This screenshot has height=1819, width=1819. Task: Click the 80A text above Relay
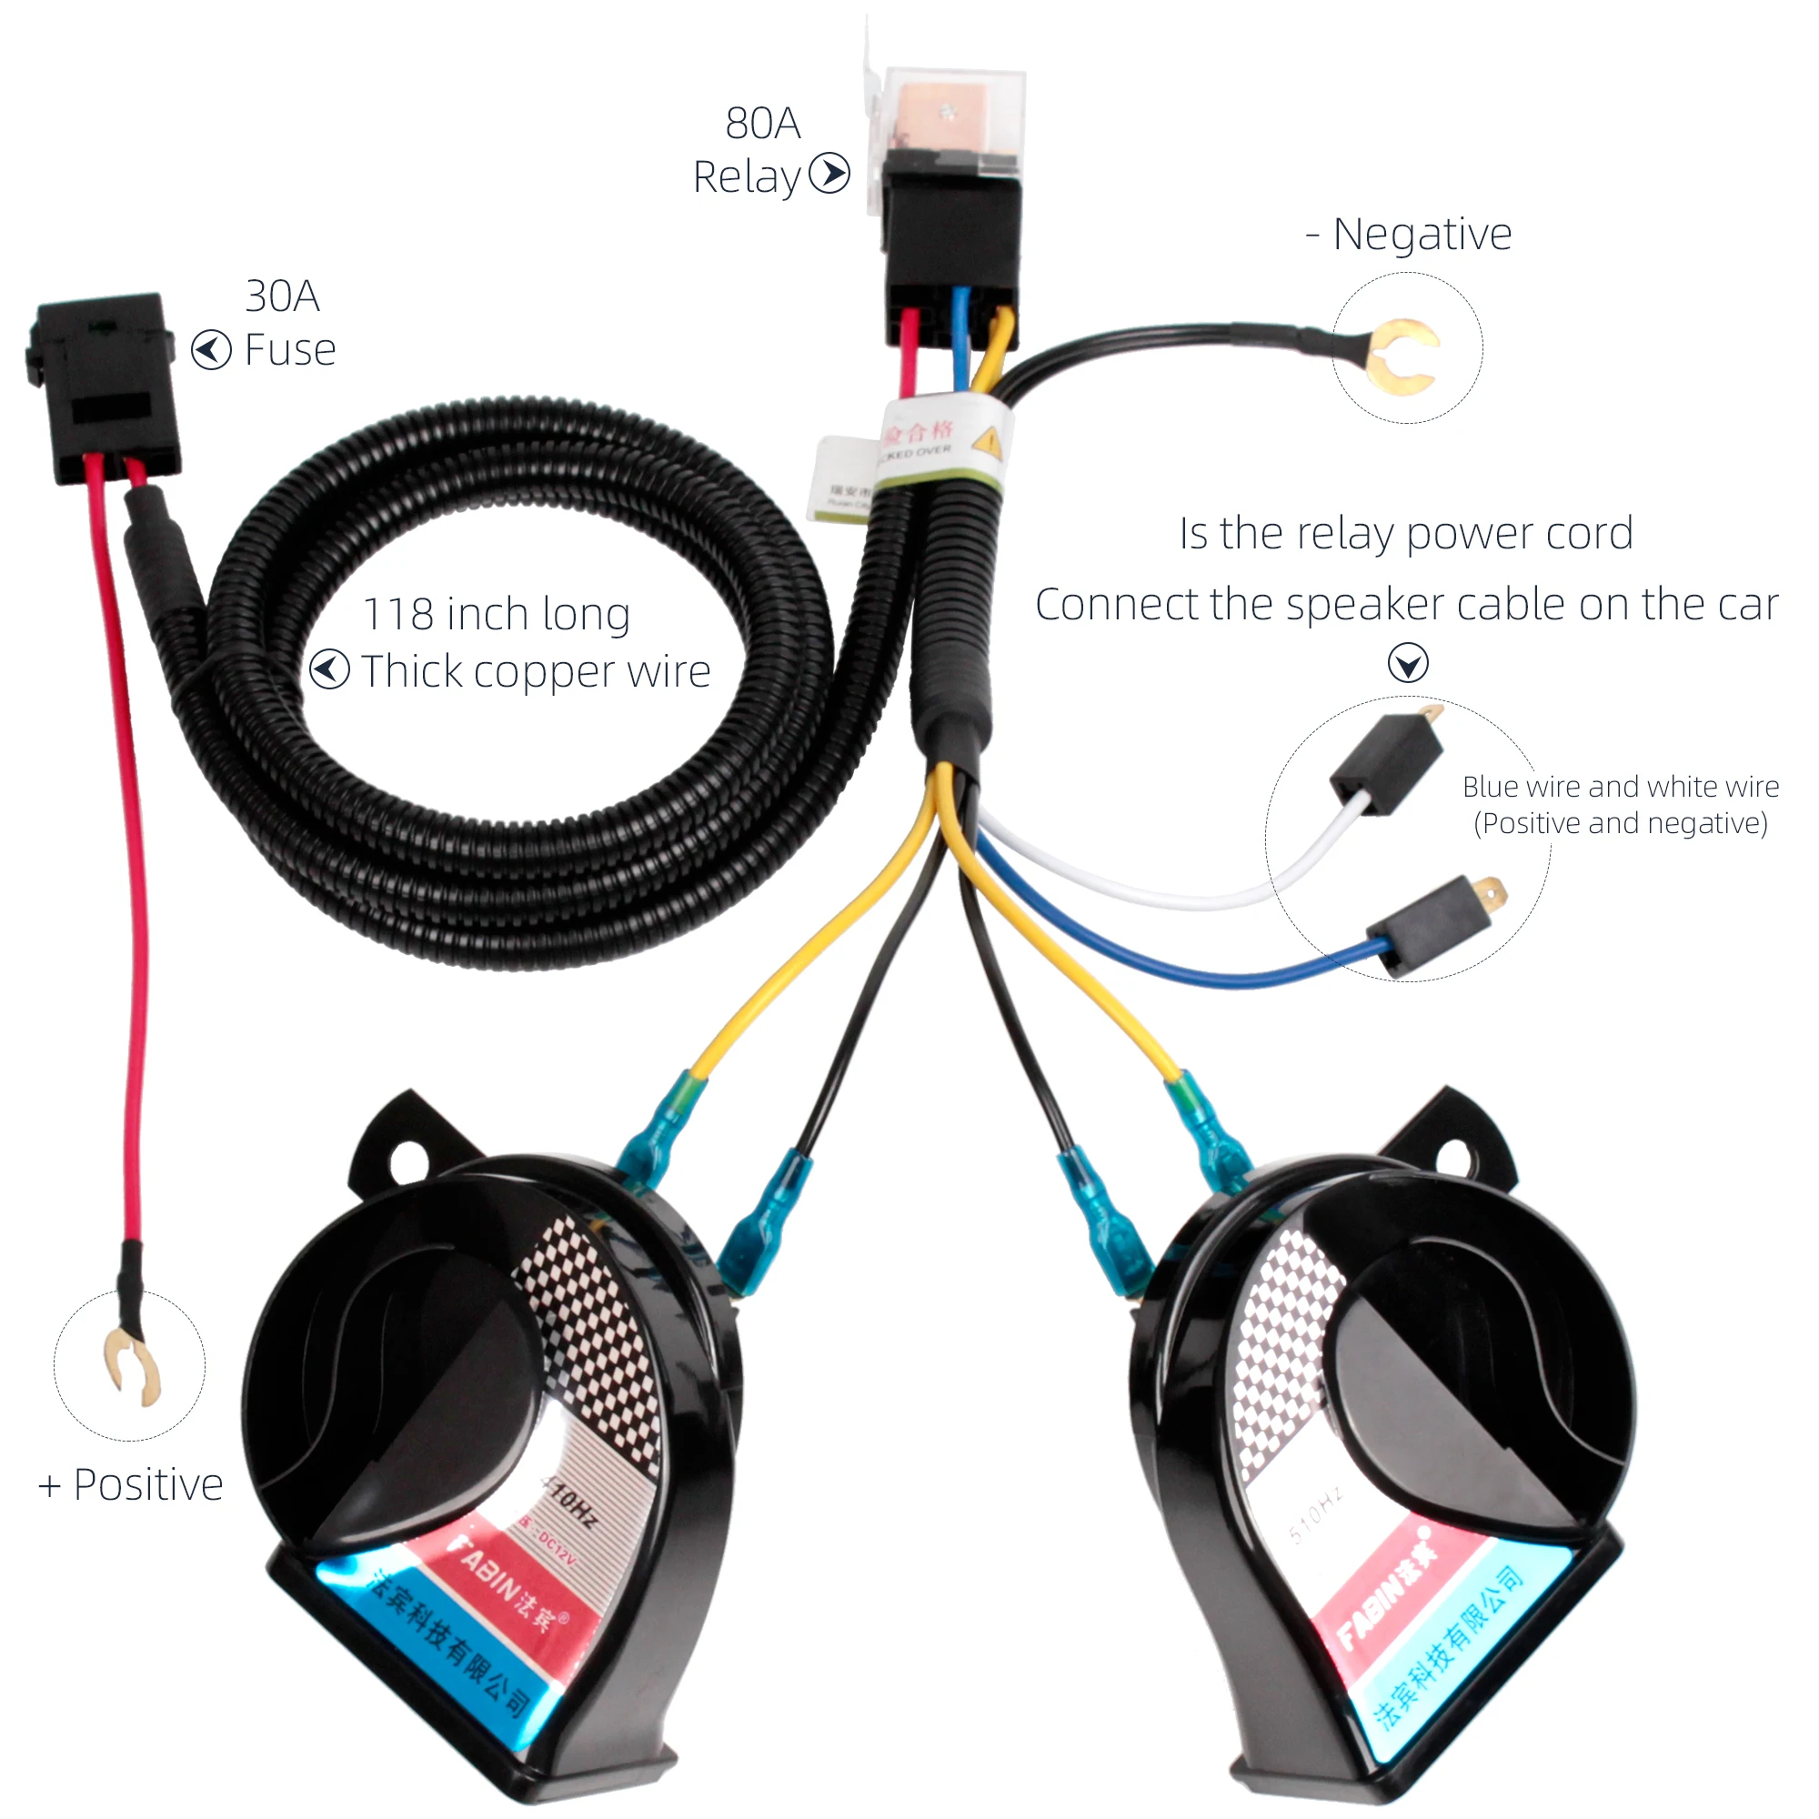pos(763,124)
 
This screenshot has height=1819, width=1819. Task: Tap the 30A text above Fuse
pos(283,296)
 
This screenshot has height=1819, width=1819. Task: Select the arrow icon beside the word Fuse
pos(211,350)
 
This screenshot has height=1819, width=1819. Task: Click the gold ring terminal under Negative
pos(1402,357)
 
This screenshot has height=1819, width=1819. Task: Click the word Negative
pos(1422,235)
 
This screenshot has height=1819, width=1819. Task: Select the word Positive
pos(148,1485)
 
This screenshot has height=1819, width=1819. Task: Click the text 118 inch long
pos(497,615)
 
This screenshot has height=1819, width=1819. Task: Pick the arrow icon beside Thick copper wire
pos(329,669)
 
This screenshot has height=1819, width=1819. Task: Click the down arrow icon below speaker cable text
pos(1408,663)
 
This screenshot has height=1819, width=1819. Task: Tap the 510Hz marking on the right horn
pos(1315,1517)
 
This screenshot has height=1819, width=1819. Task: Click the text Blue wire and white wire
pos(1621,787)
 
